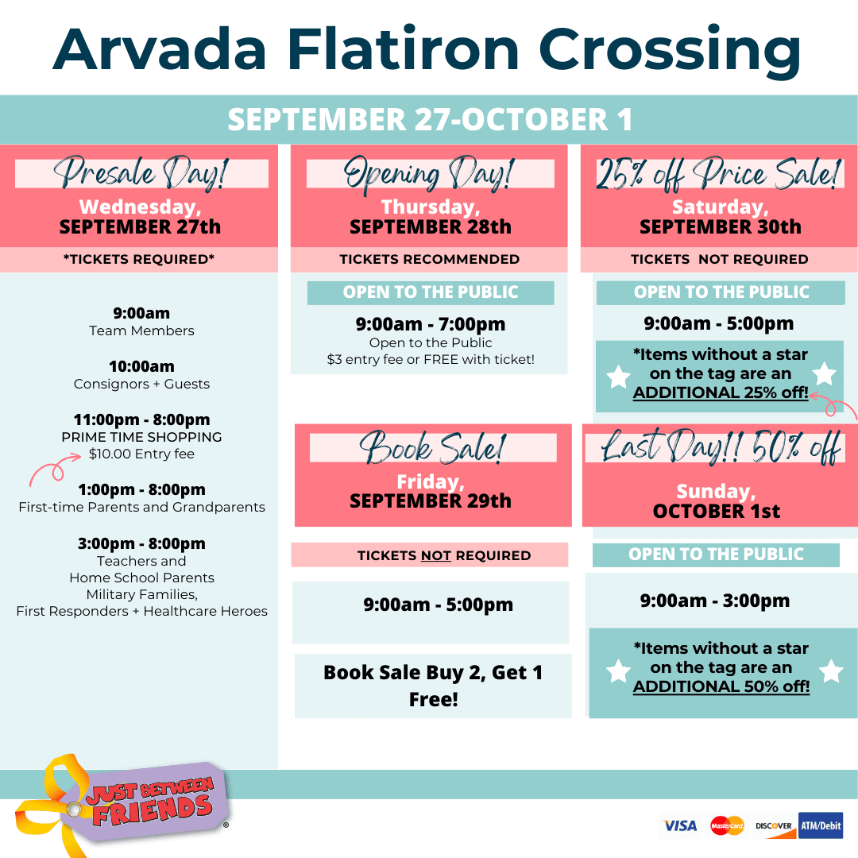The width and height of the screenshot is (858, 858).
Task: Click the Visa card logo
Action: tap(679, 825)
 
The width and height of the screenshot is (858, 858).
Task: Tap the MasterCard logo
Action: tap(727, 825)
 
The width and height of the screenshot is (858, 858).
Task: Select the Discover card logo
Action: tap(774, 826)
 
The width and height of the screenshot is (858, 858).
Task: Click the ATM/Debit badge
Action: tap(820, 825)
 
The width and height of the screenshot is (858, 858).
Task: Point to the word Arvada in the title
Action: tap(159, 49)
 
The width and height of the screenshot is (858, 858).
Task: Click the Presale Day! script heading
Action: tap(141, 173)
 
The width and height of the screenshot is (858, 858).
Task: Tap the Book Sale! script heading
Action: tap(432, 447)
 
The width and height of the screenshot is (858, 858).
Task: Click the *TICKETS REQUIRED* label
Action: tap(139, 259)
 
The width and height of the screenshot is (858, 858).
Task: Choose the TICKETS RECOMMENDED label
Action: tap(430, 259)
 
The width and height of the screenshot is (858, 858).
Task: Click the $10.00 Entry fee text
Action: tap(141, 454)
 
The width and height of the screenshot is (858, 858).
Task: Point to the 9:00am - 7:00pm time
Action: tap(431, 324)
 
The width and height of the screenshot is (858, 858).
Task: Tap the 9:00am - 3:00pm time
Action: tap(715, 601)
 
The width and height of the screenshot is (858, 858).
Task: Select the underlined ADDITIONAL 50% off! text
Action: tap(721, 686)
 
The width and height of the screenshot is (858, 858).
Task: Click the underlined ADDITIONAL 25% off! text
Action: tap(721, 392)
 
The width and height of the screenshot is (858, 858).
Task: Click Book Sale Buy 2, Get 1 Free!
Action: tap(433, 686)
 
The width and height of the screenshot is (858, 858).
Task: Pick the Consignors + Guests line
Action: tap(141, 385)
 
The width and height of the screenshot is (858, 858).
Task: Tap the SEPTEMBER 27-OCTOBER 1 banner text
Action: tap(430, 119)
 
